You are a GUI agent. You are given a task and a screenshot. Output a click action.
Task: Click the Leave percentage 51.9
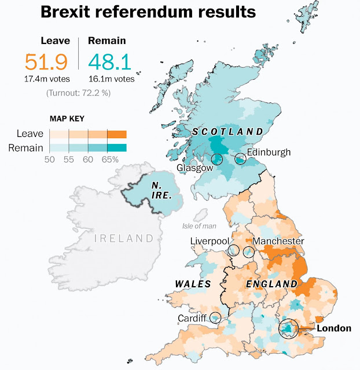[x=46, y=61]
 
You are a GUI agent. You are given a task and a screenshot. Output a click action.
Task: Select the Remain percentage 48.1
[x=111, y=61]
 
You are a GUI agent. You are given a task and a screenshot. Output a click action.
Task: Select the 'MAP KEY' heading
[x=68, y=119]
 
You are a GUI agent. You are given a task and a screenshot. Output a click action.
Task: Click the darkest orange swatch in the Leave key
[x=116, y=134]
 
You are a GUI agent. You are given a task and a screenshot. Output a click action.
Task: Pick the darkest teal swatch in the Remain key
[x=116, y=148]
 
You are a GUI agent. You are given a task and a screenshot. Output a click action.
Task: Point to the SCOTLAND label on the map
[x=227, y=131]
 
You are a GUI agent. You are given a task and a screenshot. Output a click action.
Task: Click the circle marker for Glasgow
[x=217, y=160]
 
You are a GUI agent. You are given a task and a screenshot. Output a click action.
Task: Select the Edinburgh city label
[x=268, y=153]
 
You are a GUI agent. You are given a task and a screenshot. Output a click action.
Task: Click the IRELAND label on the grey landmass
[x=124, y=238]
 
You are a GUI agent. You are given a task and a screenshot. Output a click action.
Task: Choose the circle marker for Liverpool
[x=233, y=250]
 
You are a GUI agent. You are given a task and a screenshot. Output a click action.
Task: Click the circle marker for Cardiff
[x=215, y=317]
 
